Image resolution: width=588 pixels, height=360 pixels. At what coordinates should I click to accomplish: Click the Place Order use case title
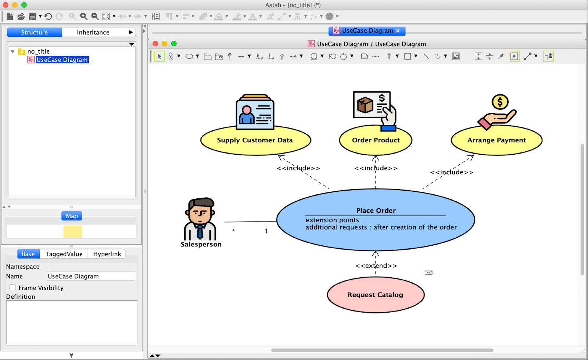click(x=376, y=210)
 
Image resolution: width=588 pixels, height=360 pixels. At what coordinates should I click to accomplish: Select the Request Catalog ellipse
click(x=376, y=295)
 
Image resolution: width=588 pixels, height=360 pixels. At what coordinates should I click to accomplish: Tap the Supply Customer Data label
click(x=255, y=140)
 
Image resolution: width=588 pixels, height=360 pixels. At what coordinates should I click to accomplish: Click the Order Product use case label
click(x=376, y=140)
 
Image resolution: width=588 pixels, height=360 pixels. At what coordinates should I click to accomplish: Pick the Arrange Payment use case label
click(x=496, y=140)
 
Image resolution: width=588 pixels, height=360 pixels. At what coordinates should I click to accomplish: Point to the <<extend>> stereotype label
click(x=376, y=266)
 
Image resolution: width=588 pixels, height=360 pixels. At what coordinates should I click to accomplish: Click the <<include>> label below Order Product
click(x=376, y=168)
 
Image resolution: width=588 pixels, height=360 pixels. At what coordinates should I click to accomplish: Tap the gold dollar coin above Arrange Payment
click(x=500, y=102)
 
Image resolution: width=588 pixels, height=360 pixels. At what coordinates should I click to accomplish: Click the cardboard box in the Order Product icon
click(x=365, y=105)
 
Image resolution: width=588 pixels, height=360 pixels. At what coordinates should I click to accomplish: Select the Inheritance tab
click(x=93, y=32)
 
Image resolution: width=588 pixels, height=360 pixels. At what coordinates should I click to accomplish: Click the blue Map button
click(x=72, y=216)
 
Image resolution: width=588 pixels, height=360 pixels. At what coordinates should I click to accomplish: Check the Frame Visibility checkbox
click(x=12, y=288)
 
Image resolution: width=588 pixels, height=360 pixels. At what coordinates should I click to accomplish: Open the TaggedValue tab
click(x=64, y=254)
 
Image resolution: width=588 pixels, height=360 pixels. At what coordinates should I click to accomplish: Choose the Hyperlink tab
click(x=107, y=254)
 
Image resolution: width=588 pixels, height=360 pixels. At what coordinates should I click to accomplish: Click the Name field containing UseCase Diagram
click(x=91, y=276)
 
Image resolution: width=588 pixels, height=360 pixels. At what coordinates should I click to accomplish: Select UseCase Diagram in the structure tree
click(x=62, y=60)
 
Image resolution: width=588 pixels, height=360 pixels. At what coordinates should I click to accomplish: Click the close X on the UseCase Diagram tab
click(x=398, y=31)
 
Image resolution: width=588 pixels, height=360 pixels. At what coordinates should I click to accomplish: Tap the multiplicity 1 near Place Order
click(x=266, y=231)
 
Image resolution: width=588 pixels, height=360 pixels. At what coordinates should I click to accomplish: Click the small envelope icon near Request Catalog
click(x=429, y=273)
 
